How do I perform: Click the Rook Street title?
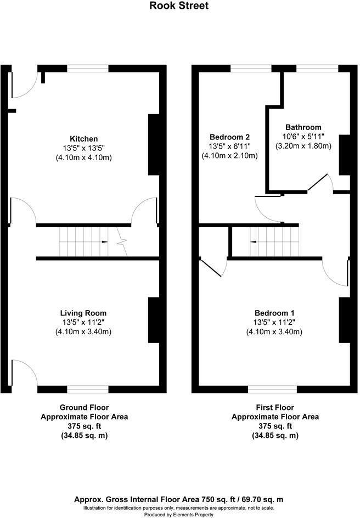click(179, 5)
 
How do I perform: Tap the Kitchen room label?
click(83, 139)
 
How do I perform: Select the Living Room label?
click(83, 313)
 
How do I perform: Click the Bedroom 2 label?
click(229, 137)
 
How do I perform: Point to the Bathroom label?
click(303, 127)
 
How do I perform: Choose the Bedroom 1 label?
click(274, 313)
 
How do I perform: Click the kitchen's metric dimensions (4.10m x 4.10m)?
click(83, 157)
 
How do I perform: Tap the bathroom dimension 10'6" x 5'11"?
click(303, 136)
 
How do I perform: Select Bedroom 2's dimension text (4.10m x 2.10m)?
click(229, 155)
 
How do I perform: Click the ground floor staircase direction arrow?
click(104, 242)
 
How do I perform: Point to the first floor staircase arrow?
click(253, 242)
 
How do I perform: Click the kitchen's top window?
click(88, 69)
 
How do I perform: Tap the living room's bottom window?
click(88, 389)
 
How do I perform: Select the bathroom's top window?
click(317, 69)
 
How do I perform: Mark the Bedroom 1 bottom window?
click(273, 389)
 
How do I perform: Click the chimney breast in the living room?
click(154, 320)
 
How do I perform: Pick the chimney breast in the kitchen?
click(154, 144)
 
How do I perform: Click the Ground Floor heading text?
click(84, 407)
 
